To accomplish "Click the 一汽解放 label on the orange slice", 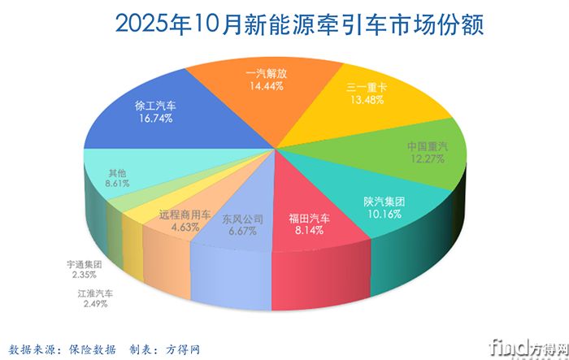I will (268, 72).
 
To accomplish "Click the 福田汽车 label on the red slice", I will (310, 218).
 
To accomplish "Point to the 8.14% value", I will (310, 230).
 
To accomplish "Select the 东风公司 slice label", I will (244, 218).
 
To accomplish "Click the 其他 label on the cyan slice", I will (117, 173).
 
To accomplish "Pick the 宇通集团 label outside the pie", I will (84, 264).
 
